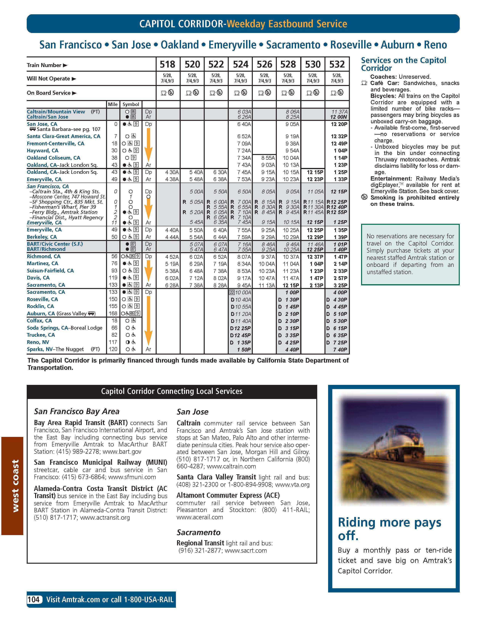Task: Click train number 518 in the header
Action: click(167, 64)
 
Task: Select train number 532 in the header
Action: click(337, 64)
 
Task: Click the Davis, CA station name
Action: click(38, 278)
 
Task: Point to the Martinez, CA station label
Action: click(43, 263)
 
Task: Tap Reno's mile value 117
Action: click(113, 342)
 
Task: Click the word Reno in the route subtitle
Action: click(435, 45)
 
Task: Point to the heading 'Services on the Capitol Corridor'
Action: click(403, 64)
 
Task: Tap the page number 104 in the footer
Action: click(34, 600)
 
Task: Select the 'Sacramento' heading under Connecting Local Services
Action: click(198, 532)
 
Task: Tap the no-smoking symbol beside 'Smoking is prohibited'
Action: click(364, 197)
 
